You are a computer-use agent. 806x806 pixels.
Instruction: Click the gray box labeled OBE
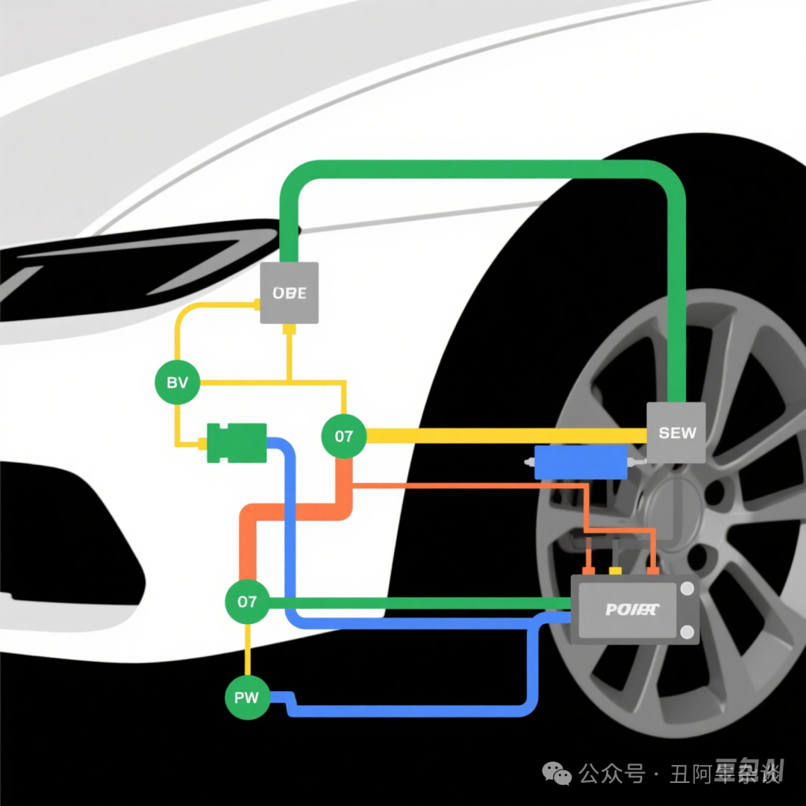coord(289,293)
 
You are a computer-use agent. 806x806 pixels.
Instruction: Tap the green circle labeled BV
coord(177,384)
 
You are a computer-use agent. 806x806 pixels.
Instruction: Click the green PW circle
coord(247,698)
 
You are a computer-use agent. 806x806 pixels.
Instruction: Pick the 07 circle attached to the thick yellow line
coord(343,436)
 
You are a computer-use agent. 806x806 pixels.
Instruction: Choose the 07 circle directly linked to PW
coord(247,602)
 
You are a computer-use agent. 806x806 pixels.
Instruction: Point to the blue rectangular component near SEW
coord(581,463)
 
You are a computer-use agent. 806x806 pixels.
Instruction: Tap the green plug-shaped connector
coord(237,442)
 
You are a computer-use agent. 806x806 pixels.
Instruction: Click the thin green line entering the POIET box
coord(418,602)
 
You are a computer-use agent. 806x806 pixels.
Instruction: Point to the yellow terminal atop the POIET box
coord(616,571)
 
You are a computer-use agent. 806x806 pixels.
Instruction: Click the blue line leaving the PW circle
coord(410,710)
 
